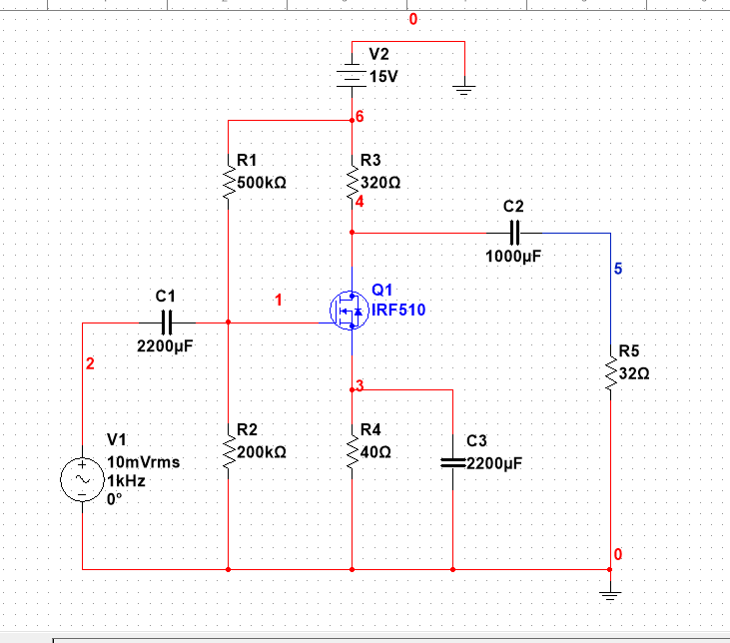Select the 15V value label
[x=383, y=77]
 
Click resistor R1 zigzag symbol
[x=230, y=179]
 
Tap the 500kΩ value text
[x=264, y=184]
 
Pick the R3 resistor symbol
[x=353, y=179]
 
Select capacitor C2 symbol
[x=514, y=233]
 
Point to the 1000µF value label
[x=513, y=256]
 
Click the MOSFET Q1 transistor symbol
[x=349, y=311]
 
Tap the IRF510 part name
[x=398, y=311]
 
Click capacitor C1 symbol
[x=167, y=322]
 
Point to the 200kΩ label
[x=264, y=452]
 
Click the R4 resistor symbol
[x=353, y=448]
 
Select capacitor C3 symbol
[x=453, y=463]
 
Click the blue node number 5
[x=617, y=269]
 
